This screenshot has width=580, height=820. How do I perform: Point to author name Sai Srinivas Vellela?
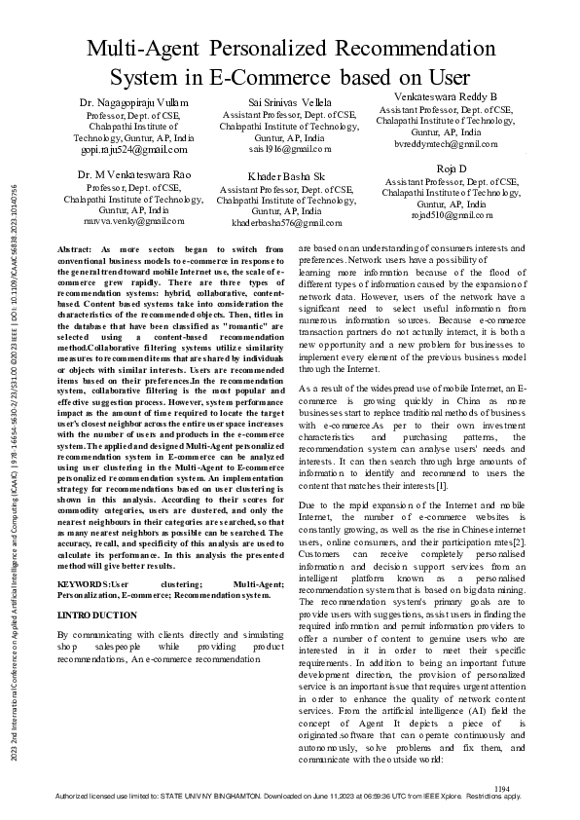point(289,102)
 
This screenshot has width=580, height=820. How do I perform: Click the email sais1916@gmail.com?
point(289,149)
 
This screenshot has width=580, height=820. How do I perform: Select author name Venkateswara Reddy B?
point(445,96)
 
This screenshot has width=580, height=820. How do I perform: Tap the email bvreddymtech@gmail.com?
point(445,143)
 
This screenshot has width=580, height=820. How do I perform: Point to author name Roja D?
point(450,168)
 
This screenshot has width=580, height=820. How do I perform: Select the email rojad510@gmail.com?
point(450,215)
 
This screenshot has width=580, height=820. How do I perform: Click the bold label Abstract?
point(76,249)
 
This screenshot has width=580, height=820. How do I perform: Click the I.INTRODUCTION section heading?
point(97,615)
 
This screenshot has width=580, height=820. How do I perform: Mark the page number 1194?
point(502,788)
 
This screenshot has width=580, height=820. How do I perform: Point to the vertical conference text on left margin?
point(14,487)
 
